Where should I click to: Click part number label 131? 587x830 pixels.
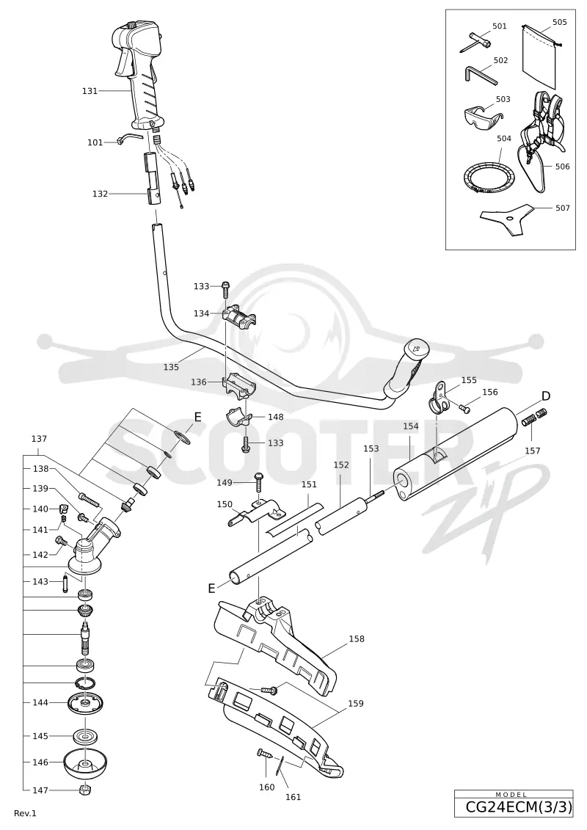click(x=90, y=90)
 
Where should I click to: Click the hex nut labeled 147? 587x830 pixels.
click(x=84, y=790)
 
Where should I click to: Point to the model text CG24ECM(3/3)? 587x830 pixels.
click(x=518, y=807)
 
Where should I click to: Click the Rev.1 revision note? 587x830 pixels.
click(x=25, y=812)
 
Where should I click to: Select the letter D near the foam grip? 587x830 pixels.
click(x=545, y=396)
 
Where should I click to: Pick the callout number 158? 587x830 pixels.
click(x=356, y=638)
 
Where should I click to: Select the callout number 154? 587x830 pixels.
click(x=411, y=426)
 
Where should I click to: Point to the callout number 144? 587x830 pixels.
click(x=40, y=702)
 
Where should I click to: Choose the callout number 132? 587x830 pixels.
click(x=100, y=194)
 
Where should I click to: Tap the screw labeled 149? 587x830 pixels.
click(x=259, y=482)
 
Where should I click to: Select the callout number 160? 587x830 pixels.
click(x=267, y=787)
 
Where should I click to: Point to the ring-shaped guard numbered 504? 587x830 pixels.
click(x=489, y=178)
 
